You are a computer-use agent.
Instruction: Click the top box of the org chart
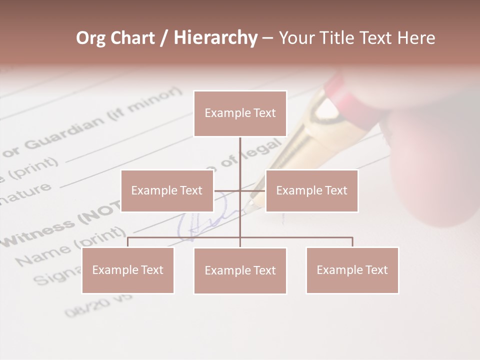(240, 113)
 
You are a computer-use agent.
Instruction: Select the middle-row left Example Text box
(167, 190)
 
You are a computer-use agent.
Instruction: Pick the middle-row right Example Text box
(311, 190)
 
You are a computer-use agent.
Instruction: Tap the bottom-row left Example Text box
(128, 270)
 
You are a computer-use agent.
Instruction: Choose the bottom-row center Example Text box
(240, 270)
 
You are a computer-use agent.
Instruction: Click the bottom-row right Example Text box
(352, 270)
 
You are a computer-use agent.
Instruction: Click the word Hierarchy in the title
(215, 38)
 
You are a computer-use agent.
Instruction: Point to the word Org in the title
(91, 38)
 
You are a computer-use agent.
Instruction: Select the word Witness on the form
(40, 232)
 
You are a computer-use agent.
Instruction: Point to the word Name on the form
(42, 255)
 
